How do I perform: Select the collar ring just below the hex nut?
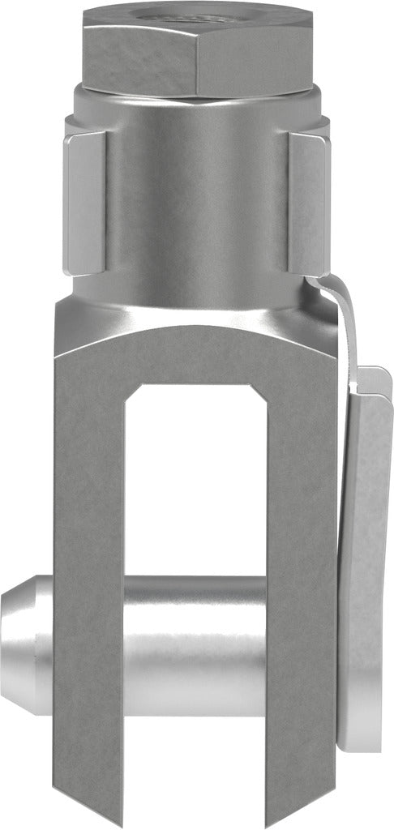pyautogui.click(x=195, y=101)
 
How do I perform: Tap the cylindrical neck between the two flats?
pyautogui.click(x=195, y=203)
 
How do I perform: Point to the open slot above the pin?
pyautogui.click(x=195, y=478)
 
